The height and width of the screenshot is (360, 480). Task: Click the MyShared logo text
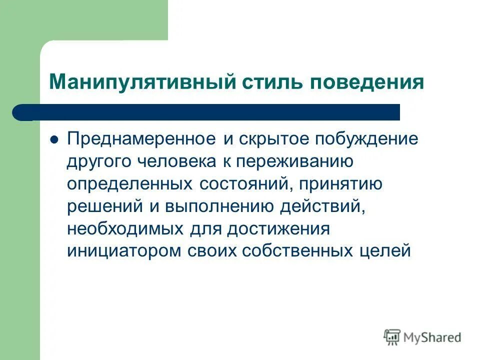pyautogui.click(x=433, y=337)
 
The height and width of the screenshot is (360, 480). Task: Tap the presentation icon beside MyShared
pyautogui.click(x=392, y=337)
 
